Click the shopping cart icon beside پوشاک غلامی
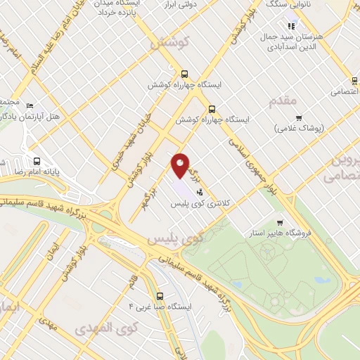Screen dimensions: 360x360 pyautogui.click(x=299, y=117)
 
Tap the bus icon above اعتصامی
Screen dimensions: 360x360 pyautogui.click(x=354, y=79)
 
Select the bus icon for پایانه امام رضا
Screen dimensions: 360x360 pyautogui.click(x=37, y=161)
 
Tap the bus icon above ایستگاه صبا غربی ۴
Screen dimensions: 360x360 pyautogui.click(x=160, y=296)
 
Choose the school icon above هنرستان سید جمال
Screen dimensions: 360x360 pyautogui.click(x=292, y=26)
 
